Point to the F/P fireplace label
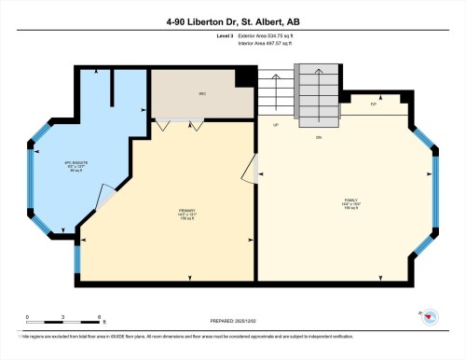pos(373,104)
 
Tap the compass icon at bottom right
pos(429,316)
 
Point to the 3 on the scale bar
pos(62,317)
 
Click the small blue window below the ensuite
pos(76,252)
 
